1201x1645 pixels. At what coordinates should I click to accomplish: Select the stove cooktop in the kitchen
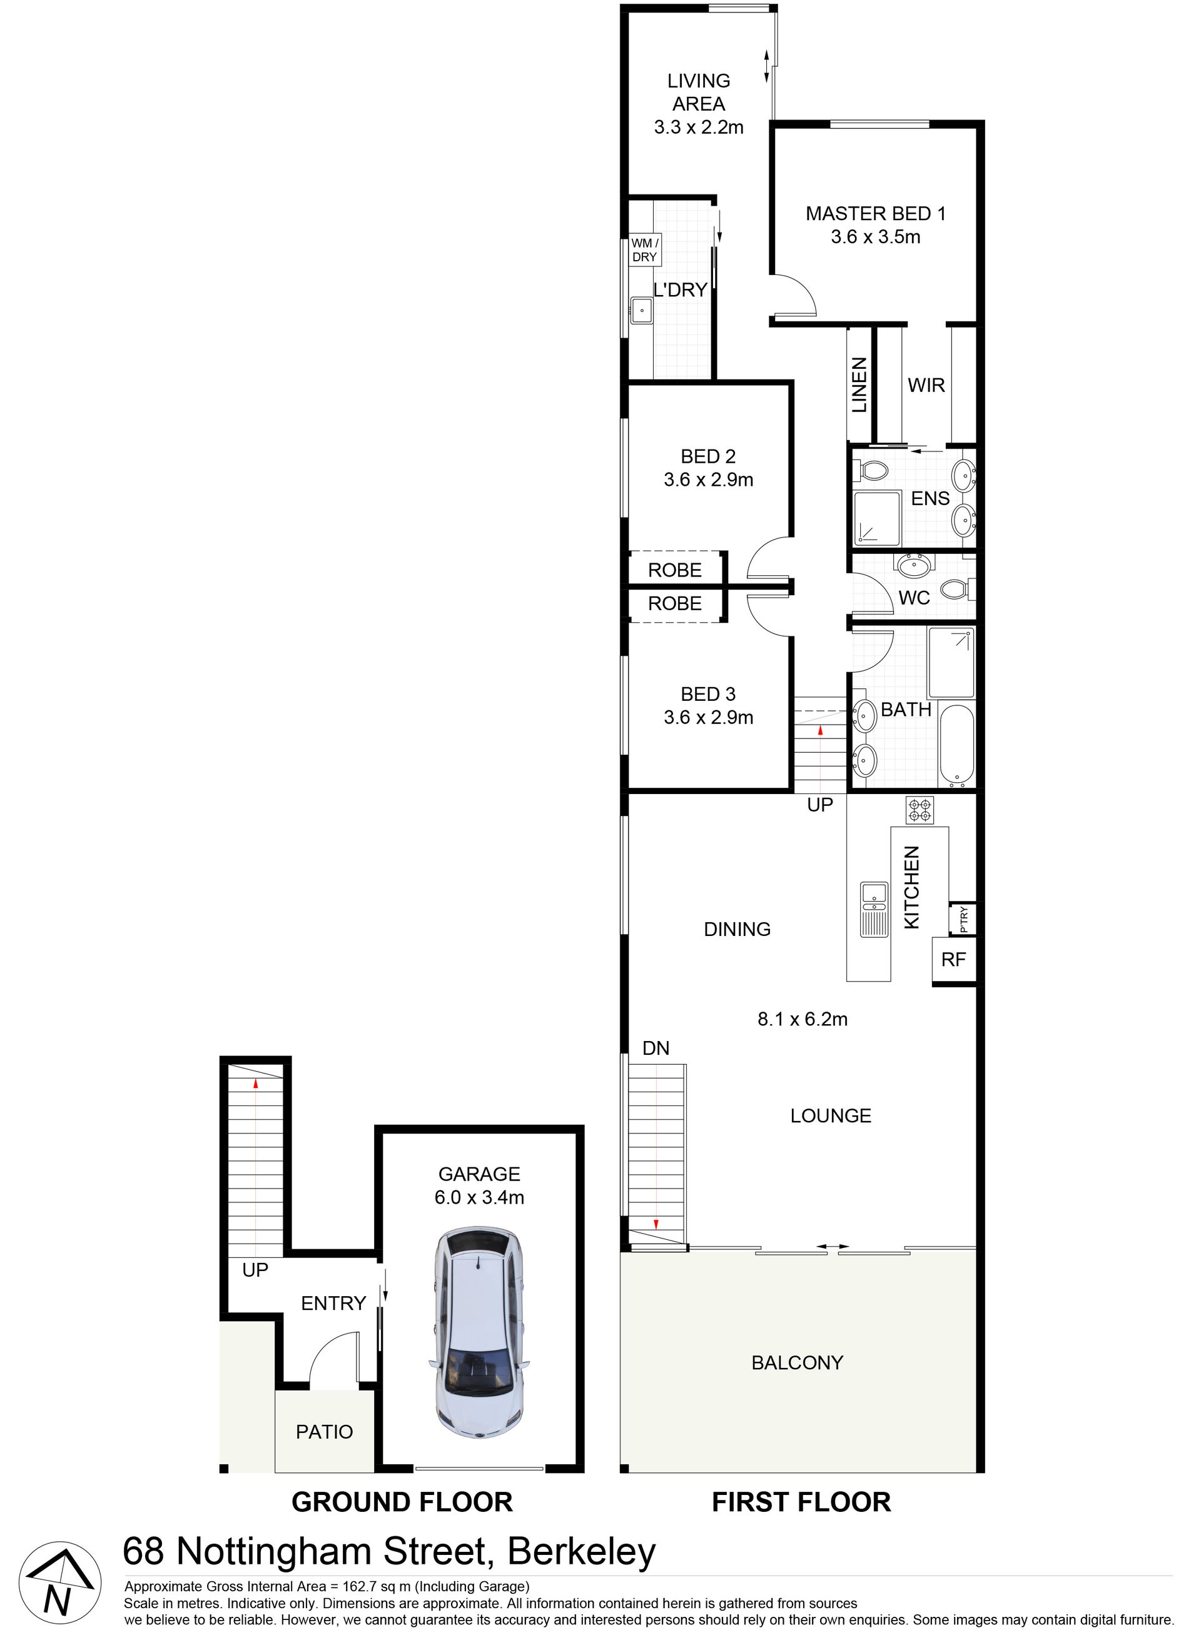[x=919, y=810]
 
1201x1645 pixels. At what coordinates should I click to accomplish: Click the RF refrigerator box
[x=953, y=960]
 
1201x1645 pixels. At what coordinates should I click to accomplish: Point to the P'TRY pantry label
[x=964, y=919]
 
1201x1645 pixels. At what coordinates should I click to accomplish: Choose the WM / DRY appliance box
[x=644, y=250]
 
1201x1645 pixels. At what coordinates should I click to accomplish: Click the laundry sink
[x=641, y=310]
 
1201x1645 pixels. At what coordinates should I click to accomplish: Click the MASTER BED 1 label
[x=875, y=214]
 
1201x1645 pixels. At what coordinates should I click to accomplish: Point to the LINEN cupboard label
[x=859, y=385]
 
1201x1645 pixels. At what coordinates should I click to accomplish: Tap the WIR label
[x=926, y=385]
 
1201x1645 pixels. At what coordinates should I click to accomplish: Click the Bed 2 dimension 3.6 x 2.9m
[x=708, y=480]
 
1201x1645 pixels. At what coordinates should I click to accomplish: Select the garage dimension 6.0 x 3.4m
[x=479, y=1197]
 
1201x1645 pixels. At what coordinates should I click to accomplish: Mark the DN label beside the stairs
[x=656, y=1048]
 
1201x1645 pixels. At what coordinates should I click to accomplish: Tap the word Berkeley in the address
[x=582, y=1552]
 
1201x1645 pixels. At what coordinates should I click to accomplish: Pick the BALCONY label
[x=797, y=1362]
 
